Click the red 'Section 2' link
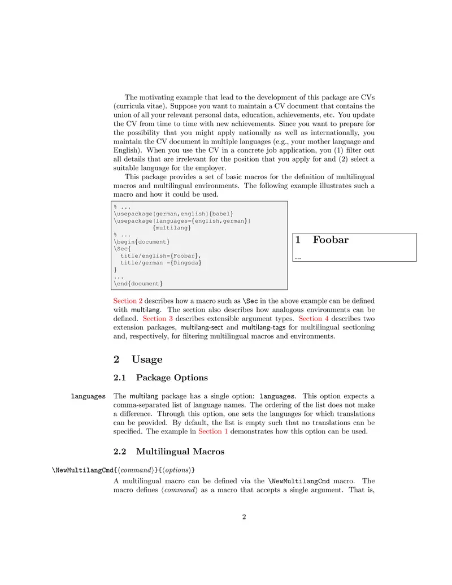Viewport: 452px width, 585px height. click(x=128, y=301)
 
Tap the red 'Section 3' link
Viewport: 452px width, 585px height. click(x=154, y=319)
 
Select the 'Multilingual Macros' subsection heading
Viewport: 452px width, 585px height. click(x=180, y=452)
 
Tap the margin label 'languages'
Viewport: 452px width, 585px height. click(x=88, y=396)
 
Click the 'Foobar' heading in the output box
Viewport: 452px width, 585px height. click(x=331, y=240)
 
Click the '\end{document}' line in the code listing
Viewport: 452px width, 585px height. click(x=138, y=283)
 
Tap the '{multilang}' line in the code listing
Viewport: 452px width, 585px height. click(x=172, y=228)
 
